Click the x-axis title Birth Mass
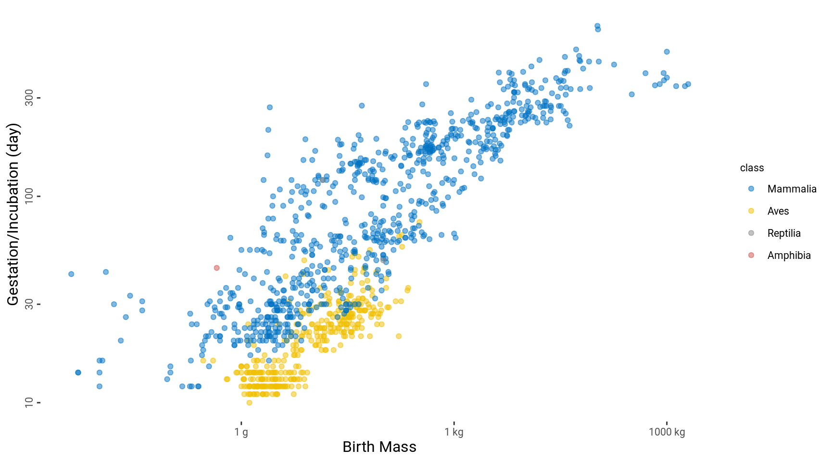coord(379,447)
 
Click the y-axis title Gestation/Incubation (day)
coord(13,214)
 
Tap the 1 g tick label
coord(241,432)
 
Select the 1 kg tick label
coord(454,432)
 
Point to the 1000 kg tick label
coord(667,432)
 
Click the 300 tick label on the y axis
coord(29,98)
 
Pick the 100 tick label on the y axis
coord(29,196)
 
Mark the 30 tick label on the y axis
coord(29,304)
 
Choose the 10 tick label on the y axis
coord(29,402)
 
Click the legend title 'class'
coord(752,168)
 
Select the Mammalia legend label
coord(792,189)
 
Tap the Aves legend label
coord(778,211)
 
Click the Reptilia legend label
coord(784,233)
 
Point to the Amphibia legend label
coord(789,256)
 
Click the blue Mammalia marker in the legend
coord(751,189)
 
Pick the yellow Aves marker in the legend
coord(751,211)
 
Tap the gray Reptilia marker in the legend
coord(751,233)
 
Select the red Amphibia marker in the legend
coord(751,256)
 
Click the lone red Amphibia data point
coord(216,268)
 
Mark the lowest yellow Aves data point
coord(249,403)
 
